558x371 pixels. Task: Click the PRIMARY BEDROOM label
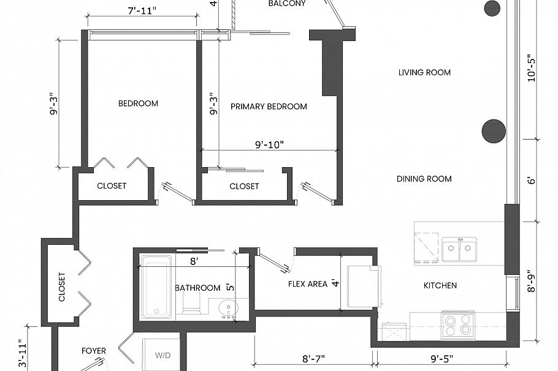pos(269,107)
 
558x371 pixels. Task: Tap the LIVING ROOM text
pos(424,72)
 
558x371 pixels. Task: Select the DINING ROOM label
pos(424,179)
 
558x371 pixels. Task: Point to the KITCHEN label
pos(440,285)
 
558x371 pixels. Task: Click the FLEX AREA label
pos(308,284)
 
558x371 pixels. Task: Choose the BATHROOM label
pos(197,288)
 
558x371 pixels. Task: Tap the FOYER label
pos(94,351)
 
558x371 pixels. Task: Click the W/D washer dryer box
pos(162,354)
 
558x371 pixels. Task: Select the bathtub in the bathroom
pos(156,287)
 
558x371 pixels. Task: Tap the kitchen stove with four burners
pos(458,325)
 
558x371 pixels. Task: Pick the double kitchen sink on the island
pos(459,249)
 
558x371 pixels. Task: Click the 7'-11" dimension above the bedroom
pos(142,11)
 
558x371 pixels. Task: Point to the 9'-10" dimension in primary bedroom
pos(269,144)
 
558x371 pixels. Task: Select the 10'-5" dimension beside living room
pos(531,68)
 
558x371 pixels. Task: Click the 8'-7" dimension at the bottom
pos(313,359)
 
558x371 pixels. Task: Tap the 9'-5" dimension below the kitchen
pos(441,359)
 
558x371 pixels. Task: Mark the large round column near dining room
pos(494,131)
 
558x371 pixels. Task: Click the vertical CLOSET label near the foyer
pos(62,287)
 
